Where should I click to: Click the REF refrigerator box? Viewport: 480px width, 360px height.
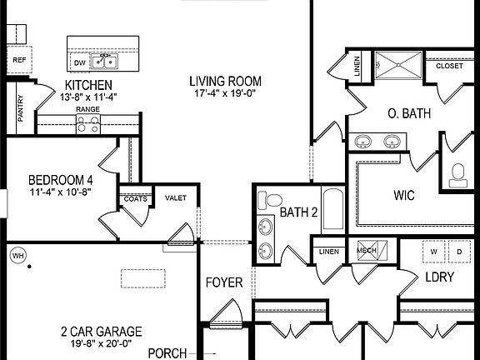click(18, 61)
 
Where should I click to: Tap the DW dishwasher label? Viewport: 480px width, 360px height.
click(79, 62)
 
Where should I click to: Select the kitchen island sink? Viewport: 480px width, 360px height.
click(106, 62)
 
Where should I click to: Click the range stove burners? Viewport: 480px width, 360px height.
click(87, 123)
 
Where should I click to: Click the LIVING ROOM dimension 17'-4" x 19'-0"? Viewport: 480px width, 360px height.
click(225, 95)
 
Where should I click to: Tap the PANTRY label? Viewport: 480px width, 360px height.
click(21, 108)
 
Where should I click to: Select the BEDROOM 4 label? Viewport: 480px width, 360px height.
click(61, 180)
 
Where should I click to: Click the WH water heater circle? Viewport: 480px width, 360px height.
click(17, 257)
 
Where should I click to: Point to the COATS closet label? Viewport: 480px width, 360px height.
click(135, 199)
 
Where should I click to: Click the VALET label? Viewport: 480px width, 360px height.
click(176, 198)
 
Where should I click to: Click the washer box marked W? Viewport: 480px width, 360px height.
click(433, 251)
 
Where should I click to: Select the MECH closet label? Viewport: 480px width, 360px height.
click(367, 250)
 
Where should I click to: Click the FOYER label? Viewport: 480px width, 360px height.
click(224, 282)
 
